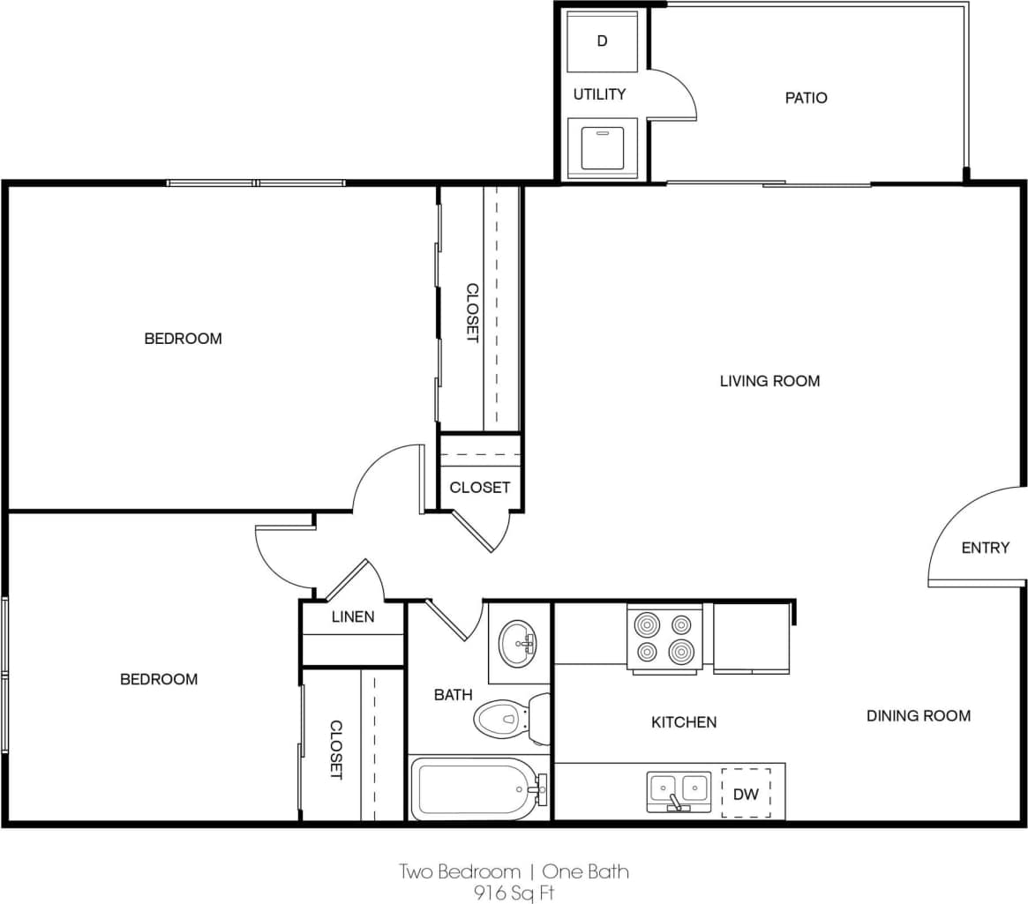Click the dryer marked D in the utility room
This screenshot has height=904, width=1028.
coord(602,41)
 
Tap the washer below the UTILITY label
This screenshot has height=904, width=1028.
coord(602,146)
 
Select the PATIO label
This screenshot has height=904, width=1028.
coord(806,98)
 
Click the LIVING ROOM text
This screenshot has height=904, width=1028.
coord(769,381)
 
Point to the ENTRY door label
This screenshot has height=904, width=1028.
coord(985,548)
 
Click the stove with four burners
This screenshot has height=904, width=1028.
coord(664,638)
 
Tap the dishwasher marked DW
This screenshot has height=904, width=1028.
coord(746,794)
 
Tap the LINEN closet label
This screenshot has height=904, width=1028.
coord(353,616)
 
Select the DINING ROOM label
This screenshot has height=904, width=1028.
coord(918,715)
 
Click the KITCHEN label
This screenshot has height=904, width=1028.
coord(684,722)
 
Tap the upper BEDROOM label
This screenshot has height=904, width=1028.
coord(183,339)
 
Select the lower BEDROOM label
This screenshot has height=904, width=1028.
coord(159,679)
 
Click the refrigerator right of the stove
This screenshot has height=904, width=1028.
coord(751,638)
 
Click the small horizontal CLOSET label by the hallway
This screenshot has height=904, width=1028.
coord(479,487)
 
